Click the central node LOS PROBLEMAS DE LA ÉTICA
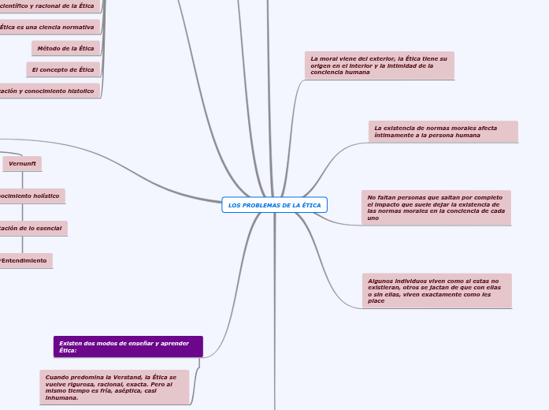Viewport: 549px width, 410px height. [274, 205]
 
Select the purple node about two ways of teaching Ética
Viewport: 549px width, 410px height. [128, 346]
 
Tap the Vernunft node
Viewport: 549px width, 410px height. [22, 163]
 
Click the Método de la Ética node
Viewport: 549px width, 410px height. [65, 48]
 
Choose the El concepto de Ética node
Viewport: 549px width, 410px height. [63, 69]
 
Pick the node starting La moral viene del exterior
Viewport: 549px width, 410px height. [379, 65]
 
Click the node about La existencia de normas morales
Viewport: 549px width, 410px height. [443, 131]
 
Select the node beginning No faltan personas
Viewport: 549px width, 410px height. [436, 207]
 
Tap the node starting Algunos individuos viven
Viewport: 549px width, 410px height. [436, 290]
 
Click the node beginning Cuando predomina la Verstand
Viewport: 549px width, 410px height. [114, 387]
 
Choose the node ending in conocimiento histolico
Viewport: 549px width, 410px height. [47, 91]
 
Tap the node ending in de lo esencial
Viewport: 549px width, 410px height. [32, 228]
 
